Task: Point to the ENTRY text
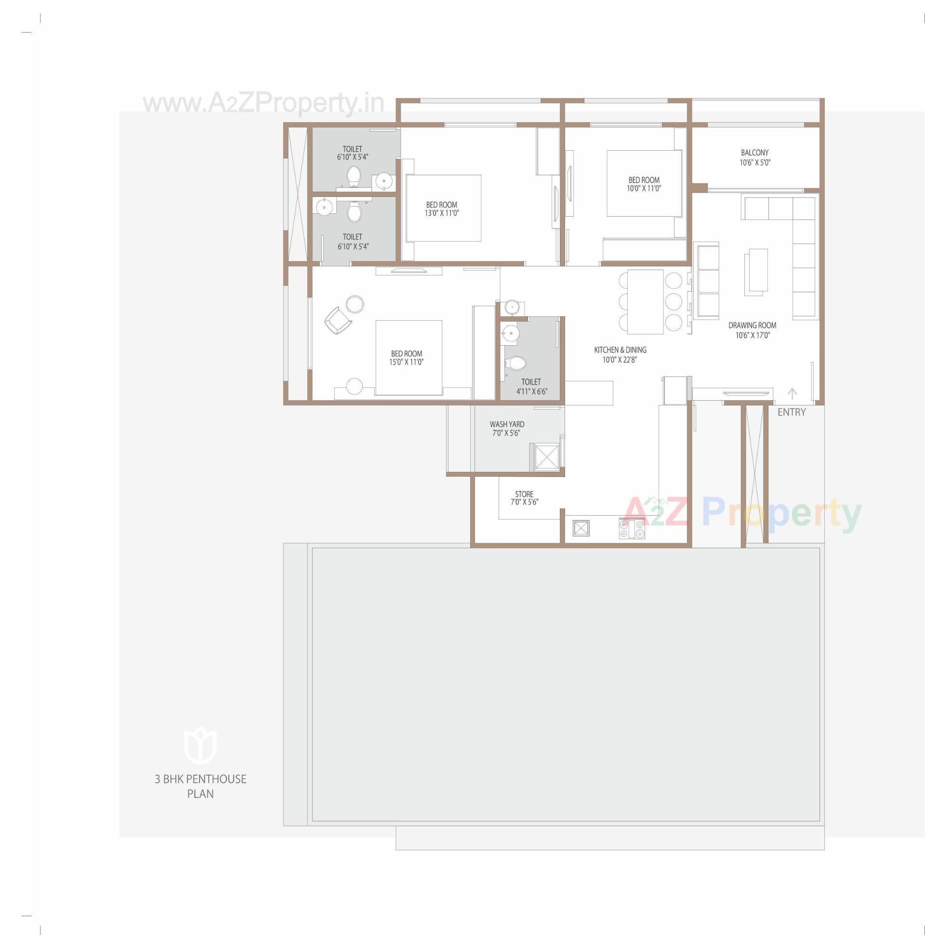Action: [x=792, y=412]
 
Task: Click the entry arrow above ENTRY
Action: [x=793, y=393]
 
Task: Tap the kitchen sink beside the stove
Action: [x=581, y=528]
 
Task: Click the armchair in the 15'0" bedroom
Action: [x=338, y=320]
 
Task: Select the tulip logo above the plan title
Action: [x=199, y=745]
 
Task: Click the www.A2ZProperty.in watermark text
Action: [x=264, y=104]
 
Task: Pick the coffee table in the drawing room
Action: [x=755, y=272]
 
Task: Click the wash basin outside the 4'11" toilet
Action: [x=512, y=307]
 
